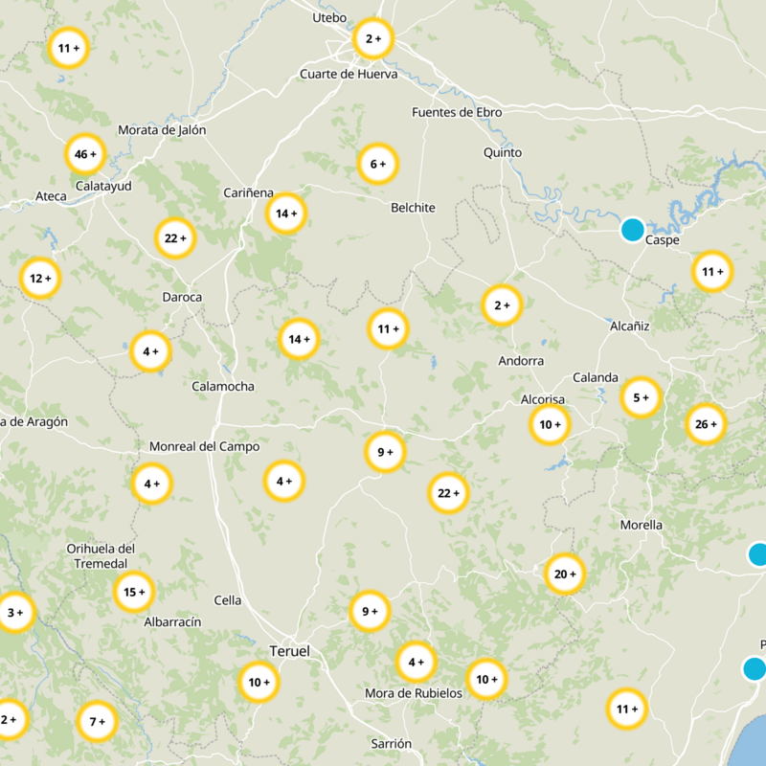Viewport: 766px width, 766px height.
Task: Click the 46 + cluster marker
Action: click(x=86, y=154)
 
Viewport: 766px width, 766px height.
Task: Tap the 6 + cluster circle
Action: click(x=378, y=165)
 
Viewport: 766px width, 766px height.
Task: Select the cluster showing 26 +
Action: click(x=707, y=424)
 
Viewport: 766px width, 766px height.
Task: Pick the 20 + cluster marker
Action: click(x=565, y=574)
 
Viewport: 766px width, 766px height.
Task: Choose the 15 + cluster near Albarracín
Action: click(x=134, y=592)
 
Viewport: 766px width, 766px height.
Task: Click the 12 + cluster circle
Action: click(x=40, y=279)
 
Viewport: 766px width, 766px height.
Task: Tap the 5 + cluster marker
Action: click(x=641, y=397)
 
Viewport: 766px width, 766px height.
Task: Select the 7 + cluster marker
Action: click(x=97, y=721)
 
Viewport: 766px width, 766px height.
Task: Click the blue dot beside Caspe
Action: click(x=632, y=230)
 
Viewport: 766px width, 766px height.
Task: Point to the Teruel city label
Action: click(x=290, y=651)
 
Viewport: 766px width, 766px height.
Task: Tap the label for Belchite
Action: click(x=413, y=208)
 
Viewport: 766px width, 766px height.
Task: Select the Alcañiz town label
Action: click(x=629, y=326)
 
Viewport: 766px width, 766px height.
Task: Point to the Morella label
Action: click(x=641, y=525)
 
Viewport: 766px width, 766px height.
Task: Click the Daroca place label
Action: click(x=182, y=297)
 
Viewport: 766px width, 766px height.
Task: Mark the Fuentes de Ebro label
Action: click(x=456, y=112)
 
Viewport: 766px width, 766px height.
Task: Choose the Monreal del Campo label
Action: click(x=204, y=446)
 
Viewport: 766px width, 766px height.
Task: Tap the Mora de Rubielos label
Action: click(x=414, y=693)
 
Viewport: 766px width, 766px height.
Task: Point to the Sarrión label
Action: click(x=391, y=743)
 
